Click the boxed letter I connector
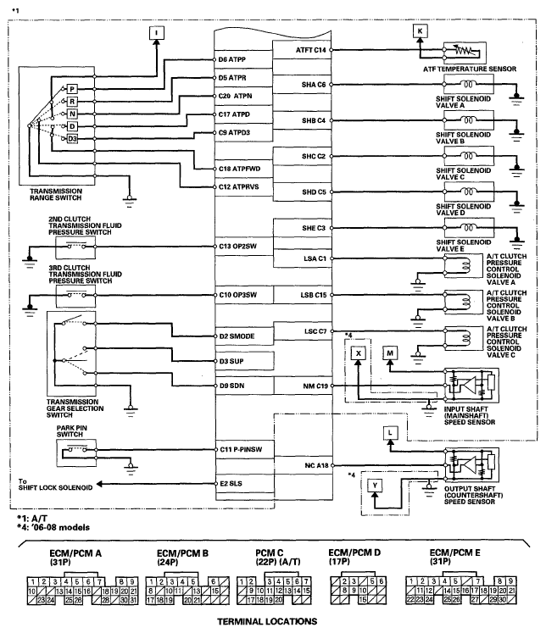click(x=156, y=33)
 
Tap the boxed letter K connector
click(x=420, y=31)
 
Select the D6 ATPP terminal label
click(x=231, y=60)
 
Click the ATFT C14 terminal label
click(x=311, y=50)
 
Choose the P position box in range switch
click(x=72, y=89)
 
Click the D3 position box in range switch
click(x=72, y=139)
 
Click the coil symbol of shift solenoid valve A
click(x=468, y=85)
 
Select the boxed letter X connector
click(x=359, y=353)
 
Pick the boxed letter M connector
click(x=390, y=353)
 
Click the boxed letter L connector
click(x=390, y=433)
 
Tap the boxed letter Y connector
click(x=375, y=486)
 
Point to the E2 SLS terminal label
click(x=231, y=484)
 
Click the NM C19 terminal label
click(x=315, y=386)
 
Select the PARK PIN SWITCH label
click(x=71, y=431)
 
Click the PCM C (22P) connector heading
click(x=278, y=557)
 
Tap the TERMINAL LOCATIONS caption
click(x=267, y=621)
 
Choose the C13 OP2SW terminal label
click(x=238, y=247)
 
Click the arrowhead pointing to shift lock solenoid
click(x=99, y=484)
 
